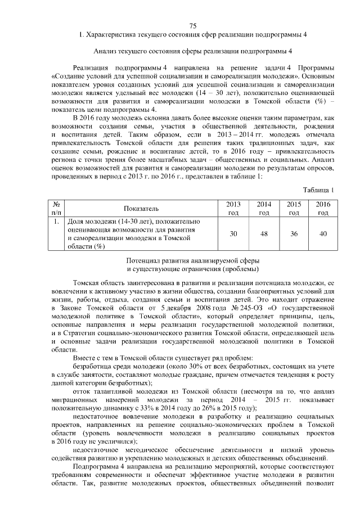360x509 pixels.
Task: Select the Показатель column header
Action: click(x=138, y=208)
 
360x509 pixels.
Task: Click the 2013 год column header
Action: click(x=233, y=208)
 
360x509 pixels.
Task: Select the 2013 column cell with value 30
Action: click(x=233, y=233)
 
